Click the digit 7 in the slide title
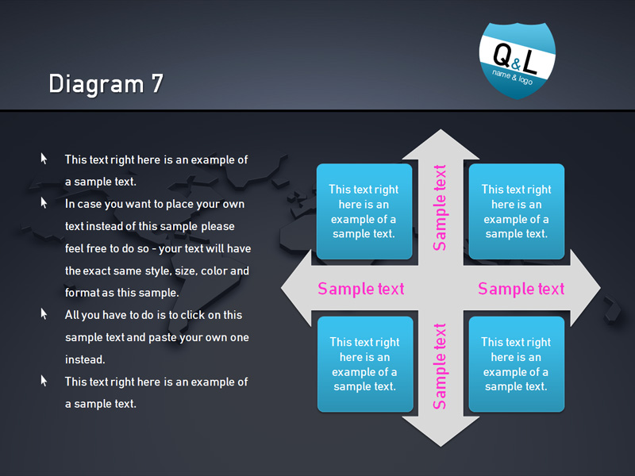pyautogui.click(x=157, y=83)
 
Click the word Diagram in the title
pyautogui.click(x=96, y=85)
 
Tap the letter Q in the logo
pyautogui.click(x=502, y=55)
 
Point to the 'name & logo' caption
pyautogui.click(x=512, y=77)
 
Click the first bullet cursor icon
pyautogui.click(x=44, y=159)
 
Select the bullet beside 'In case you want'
pyautogui.click(x=44, y=203)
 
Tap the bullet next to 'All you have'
pyautogui.click(x=44, y=313)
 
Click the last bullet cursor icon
pyautogui.click(x=44, y=381)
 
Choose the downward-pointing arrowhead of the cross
pyautogui.click(x=441, y=432)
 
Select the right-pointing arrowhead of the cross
pyautogui.click(x=585, y=288)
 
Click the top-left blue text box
pyautogui.click(x=364, y=211)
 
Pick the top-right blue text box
pyautogui.click(x=517, y=211)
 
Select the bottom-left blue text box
pyautogui.click(x=365, y=364)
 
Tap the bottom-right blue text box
pyautogui.click(x=517, y=364)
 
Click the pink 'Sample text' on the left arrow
pyautogui.click(x=361, y=289)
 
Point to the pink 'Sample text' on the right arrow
pyautogui.click(x=521, y=289)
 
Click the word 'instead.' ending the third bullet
pyautogui.click(x=85, y=359)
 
